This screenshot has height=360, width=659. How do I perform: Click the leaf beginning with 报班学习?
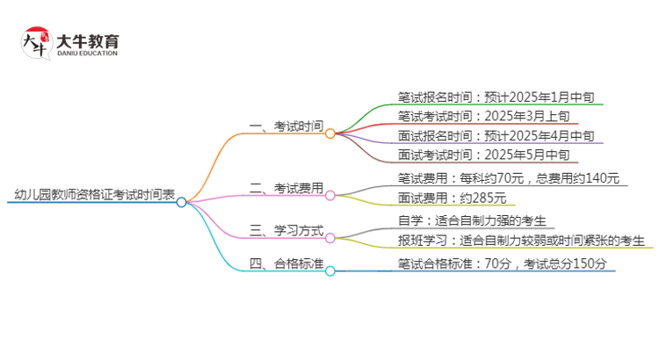click(521, 240)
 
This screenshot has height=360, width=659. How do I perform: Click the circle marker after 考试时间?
click(330, 133)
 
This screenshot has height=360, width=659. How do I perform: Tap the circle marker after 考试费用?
click(330, 194)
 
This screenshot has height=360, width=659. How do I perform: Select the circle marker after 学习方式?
click(330, 237)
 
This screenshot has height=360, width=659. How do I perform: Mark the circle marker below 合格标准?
click(330, 270)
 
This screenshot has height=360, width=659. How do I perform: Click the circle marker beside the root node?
click(181, 202)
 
